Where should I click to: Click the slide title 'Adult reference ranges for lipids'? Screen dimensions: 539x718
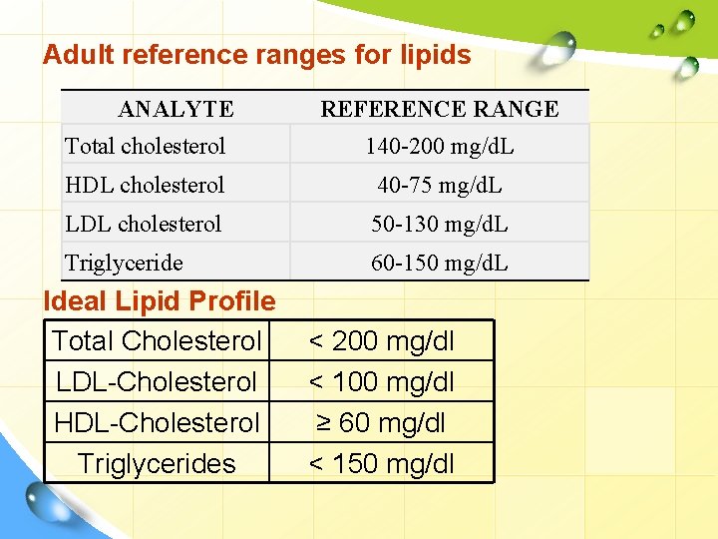(x=256, y=55)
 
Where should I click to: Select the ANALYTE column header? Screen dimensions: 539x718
(x=176, y=109)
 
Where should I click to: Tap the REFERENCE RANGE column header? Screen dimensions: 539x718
(x=440, y=109)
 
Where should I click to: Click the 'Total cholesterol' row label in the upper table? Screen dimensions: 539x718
(x=146, y=146)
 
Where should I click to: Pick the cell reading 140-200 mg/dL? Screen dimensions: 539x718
(x=440, y=146)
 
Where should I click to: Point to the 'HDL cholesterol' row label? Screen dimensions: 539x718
(x=145, y=185)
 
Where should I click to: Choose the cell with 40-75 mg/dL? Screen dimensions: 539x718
(x=440, y=185)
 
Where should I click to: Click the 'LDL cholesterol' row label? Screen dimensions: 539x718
(x=144, y=224)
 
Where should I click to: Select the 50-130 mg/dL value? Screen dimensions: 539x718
(x=440, y=224)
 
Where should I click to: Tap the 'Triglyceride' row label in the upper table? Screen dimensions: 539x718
(x=125, y=263)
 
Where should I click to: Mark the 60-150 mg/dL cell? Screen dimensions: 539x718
(x=440, y=263)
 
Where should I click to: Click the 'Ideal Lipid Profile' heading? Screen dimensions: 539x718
(x=160, y=300)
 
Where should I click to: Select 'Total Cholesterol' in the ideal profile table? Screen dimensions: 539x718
(x=157, y=341)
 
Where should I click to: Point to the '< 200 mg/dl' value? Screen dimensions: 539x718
(x=382, y=341)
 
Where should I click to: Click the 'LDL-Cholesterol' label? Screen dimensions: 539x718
(x=157, y=381)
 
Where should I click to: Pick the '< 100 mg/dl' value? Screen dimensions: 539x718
(x=382, y=381)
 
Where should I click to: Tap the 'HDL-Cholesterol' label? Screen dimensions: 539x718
(x=157, y=422)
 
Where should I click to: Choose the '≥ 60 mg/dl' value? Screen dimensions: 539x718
(x=382, y=422)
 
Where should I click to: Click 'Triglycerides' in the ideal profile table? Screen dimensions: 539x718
(x=157, y=463)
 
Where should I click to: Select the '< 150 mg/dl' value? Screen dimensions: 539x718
(x=382, y=463)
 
